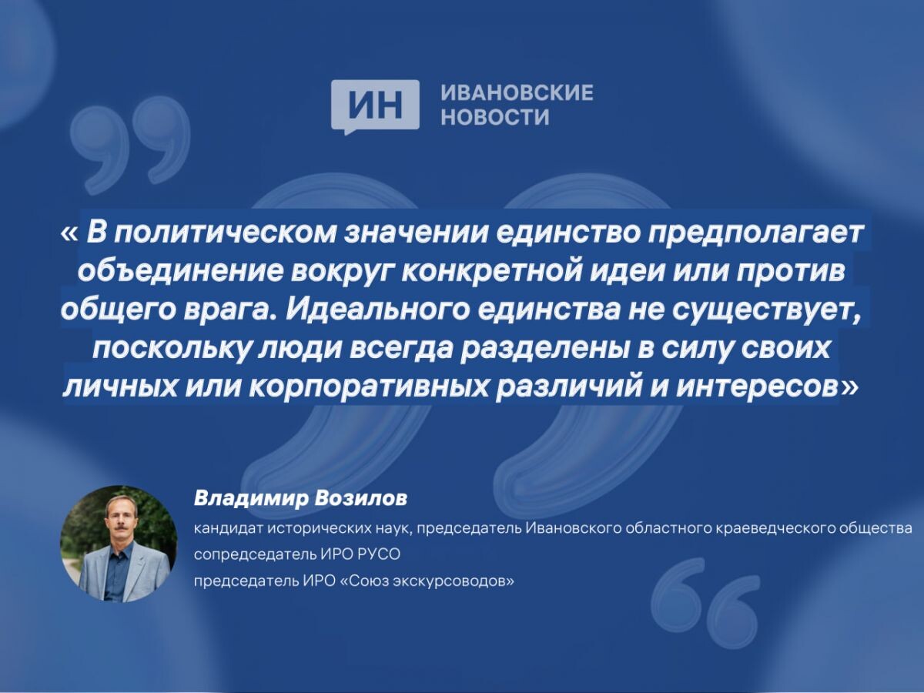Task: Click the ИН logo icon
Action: pyautogui.click(x=375, y=105)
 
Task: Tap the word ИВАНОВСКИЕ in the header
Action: pyautogui.click(x=517, y=93)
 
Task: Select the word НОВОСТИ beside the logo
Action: pyautogui.click(x=495, y=118)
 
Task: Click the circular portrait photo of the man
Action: pyautogui.click(x=119, y=544)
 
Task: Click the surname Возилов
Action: pyautogui.click(x=360, y=499)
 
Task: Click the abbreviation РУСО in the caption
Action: pyautogui.click(x=380, y=554)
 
